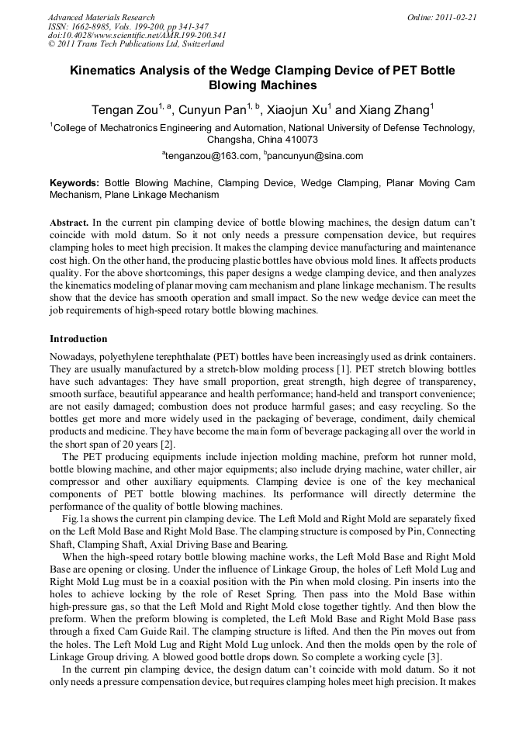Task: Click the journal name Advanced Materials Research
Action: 101,17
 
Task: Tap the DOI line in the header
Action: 137,35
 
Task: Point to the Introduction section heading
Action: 78,339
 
